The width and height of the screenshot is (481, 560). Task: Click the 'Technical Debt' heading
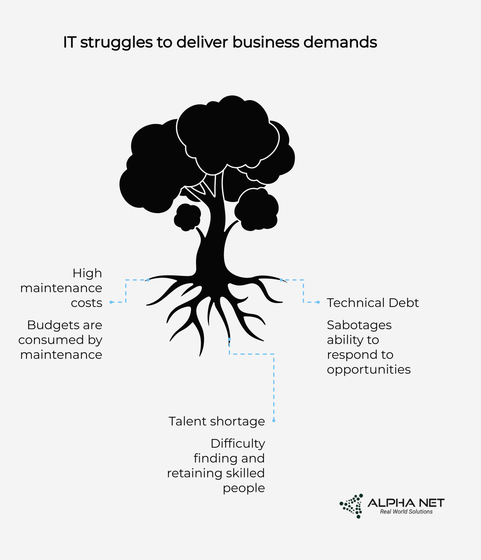tap(373, 303)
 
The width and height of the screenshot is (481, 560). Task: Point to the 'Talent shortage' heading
tap(217, 421)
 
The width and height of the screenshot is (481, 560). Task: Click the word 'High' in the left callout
tap(87, 273)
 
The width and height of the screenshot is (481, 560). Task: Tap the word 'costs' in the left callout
tap(86, 303)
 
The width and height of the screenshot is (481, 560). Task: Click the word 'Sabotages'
tap(359, 325)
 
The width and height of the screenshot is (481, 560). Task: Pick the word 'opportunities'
tap(369, 370)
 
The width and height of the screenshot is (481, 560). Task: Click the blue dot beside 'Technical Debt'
tap(318, 302)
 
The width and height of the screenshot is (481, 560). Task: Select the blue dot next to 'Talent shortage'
tap(274, 420)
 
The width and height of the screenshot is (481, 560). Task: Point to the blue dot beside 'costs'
tap(111, 302)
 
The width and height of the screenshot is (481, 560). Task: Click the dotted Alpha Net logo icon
tap(352, 506)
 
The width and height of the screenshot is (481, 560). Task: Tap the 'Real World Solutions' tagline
tap(406, 512)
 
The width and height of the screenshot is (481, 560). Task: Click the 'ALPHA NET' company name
tap(406, 503)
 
